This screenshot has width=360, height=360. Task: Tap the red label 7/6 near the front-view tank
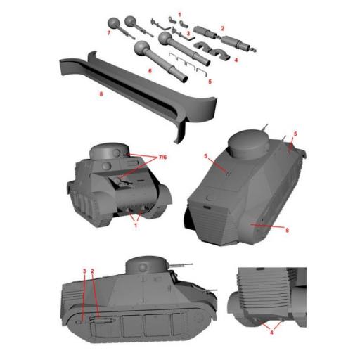(x=161, y=156)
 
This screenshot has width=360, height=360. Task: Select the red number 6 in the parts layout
(x=149, y=71)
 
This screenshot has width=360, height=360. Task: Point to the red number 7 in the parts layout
(x=109, y=32)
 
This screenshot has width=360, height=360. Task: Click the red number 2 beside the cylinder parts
(x=222, y=28)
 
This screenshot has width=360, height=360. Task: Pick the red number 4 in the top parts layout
(x=236, y=60)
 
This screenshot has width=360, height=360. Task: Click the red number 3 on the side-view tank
(x=84, y=270)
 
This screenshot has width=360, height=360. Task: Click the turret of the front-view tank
(x=109, y=151)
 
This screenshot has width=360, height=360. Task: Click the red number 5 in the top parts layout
(x=209, y=81)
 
